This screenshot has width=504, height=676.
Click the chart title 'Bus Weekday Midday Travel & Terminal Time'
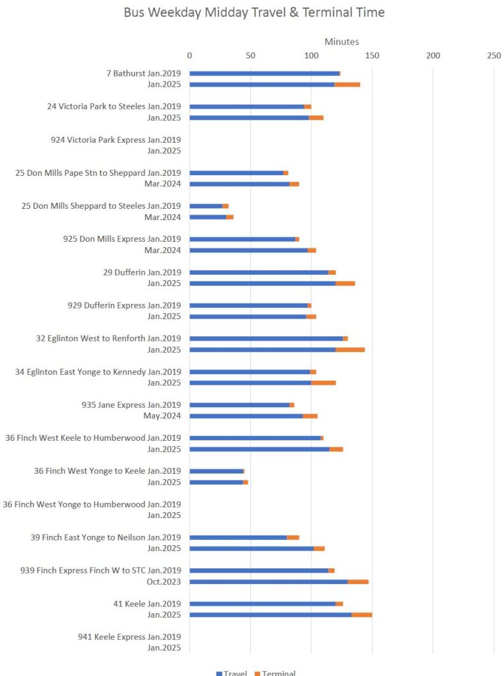coord(254,13)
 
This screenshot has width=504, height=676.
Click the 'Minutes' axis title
coord(342,42)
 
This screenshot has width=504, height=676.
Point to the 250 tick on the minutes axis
coord(493,56)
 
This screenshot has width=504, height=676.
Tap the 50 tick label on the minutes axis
coord(250,56)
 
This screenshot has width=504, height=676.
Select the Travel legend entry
coord(231,673)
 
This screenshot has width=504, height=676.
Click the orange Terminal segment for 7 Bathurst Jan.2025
coord(347,85)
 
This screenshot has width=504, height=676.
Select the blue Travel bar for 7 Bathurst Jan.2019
coord(264,73)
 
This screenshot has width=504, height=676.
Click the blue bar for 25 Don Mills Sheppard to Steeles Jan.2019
coord(206,206)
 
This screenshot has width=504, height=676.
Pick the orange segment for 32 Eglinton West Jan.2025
coord(350,350)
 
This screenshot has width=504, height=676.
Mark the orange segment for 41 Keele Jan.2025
coord(362,615)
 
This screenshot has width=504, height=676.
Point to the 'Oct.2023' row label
coord(163,582)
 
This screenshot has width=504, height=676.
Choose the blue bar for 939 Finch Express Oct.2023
coord(269,582)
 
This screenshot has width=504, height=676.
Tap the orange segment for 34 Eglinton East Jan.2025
coord(324,383)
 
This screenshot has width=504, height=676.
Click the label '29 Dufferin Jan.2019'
coord(142,272)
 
